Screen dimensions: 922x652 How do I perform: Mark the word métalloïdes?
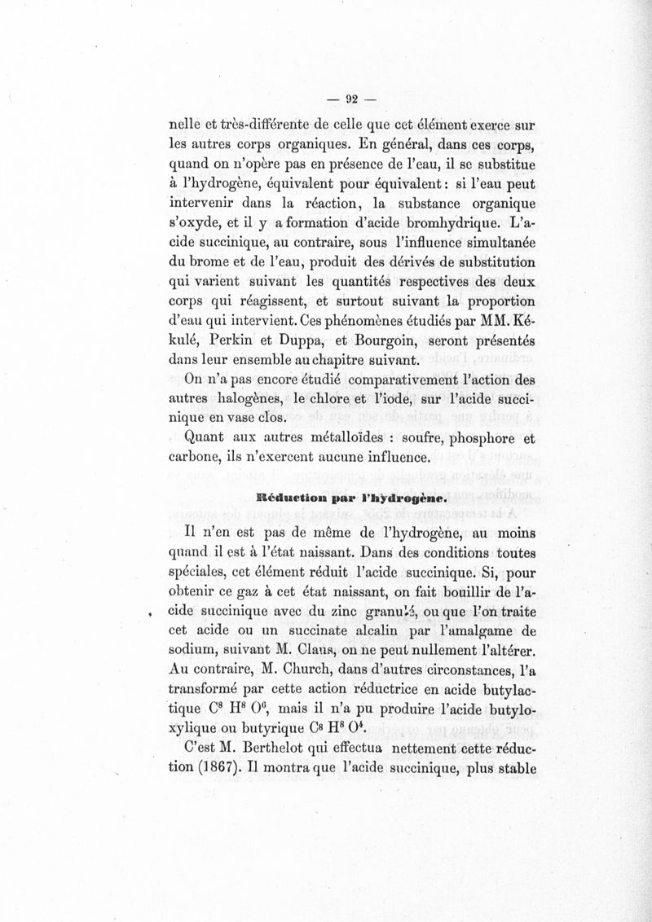tap(328, 441)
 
